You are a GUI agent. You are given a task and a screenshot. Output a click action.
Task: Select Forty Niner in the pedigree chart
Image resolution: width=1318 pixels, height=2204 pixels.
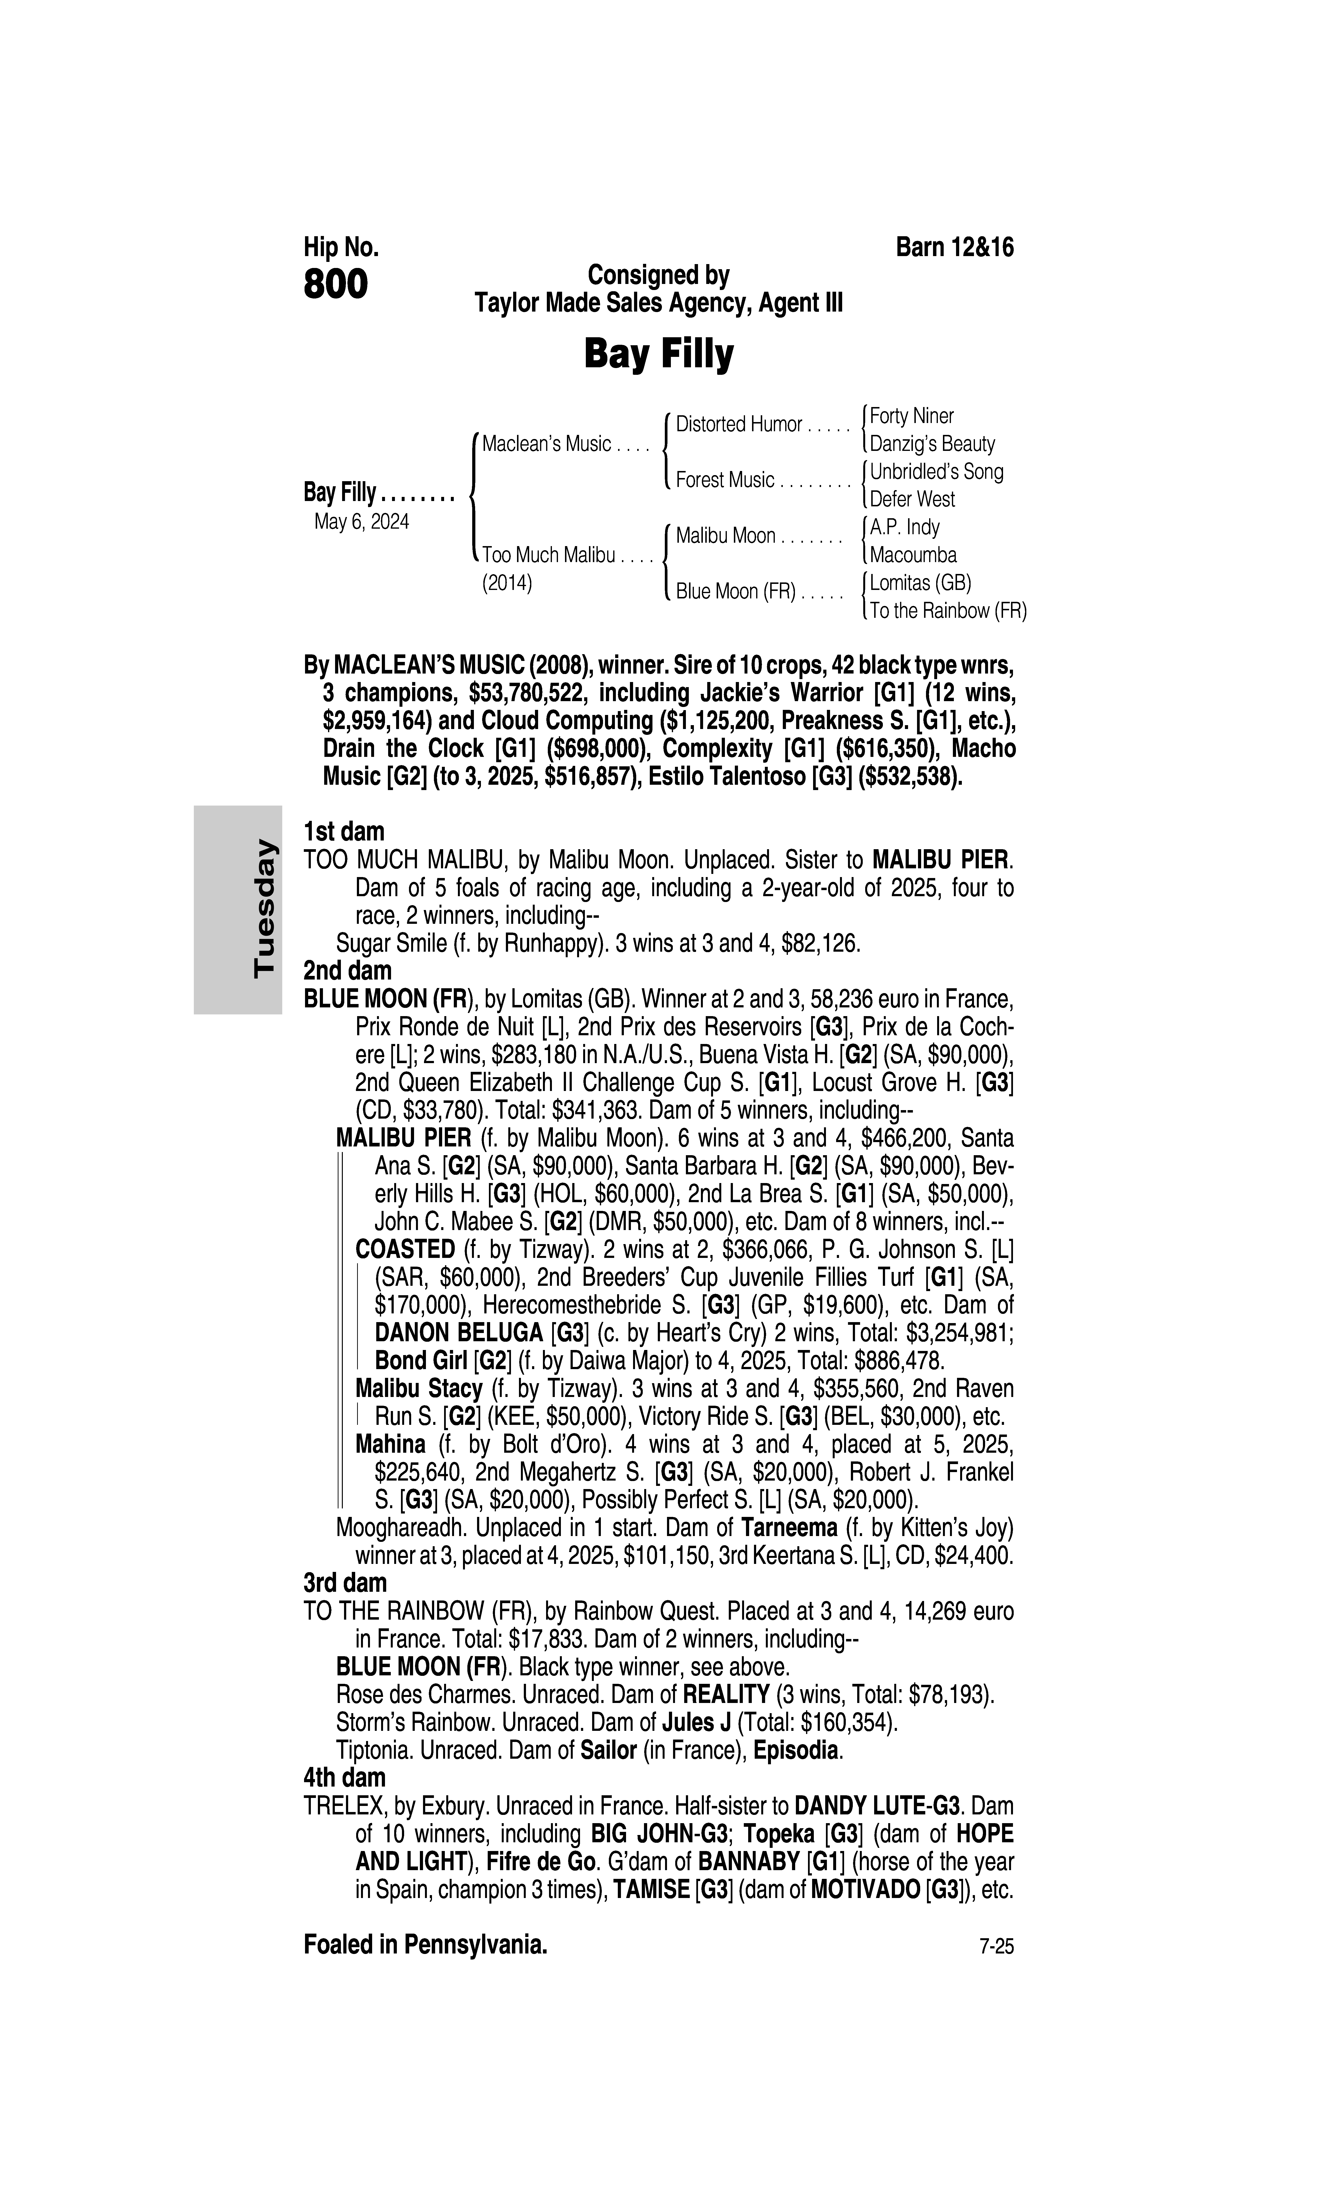(x=911, y=416)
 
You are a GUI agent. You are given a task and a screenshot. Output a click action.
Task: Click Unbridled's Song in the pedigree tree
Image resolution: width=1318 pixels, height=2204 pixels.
(x=936, y=471)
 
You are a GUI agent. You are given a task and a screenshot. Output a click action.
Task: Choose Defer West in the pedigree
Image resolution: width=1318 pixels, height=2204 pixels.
(x=912, y=499)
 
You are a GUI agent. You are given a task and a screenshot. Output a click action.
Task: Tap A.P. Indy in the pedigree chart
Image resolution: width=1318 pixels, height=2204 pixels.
(x=904, y=527)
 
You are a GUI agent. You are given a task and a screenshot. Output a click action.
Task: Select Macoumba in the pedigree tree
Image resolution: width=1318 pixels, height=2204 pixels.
(x=913, y=555)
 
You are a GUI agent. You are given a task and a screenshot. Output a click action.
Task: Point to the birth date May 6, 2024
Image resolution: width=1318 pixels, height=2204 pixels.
(x=361, y=522)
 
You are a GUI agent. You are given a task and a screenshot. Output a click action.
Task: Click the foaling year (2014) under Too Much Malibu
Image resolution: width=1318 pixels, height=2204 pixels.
(x=507, y=584)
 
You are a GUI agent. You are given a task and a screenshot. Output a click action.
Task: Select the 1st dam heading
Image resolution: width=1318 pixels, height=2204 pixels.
(x=344, y=832)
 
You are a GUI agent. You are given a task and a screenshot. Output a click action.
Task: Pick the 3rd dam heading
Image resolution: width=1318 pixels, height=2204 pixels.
(x=345, y=1582)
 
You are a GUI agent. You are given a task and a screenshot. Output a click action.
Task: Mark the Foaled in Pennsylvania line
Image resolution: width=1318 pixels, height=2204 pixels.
(x=425, y=1945)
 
